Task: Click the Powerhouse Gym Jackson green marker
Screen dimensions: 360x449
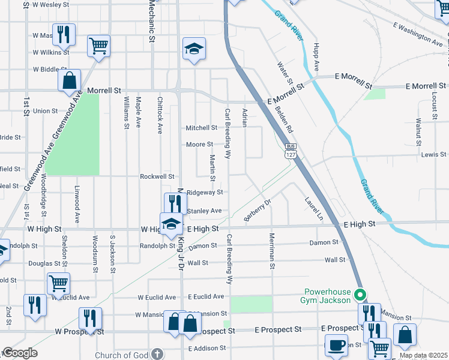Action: [360, 295]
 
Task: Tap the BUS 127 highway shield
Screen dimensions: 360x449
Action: [291, 151]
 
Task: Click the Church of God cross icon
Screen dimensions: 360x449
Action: [157, 355]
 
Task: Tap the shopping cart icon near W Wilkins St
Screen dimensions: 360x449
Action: [98, 45]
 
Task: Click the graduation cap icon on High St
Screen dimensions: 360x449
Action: [171, 223]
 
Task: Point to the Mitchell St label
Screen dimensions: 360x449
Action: [201, 128]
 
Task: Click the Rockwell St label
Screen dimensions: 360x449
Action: [157, 176]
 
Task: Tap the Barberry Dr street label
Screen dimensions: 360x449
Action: [258, 211]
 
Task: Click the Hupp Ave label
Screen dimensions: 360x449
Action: [316, 53]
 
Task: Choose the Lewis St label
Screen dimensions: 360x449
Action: [433, 154]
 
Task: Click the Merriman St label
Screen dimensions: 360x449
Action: [272, 251]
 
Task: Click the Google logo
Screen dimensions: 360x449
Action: [20, 353]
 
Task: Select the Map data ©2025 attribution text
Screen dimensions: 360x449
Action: [424, 355]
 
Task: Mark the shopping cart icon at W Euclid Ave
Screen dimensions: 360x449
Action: [59, 283]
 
